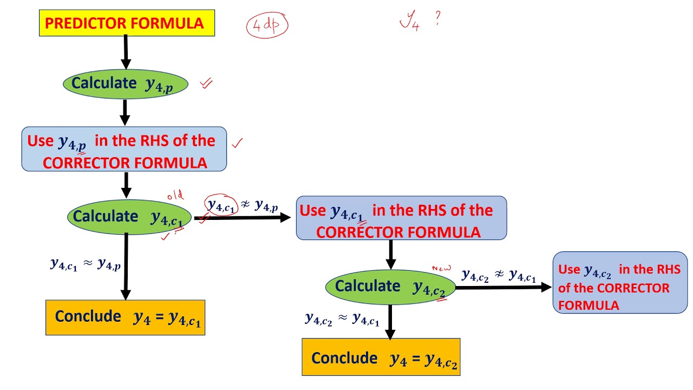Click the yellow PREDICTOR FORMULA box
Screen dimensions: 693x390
[127, 23]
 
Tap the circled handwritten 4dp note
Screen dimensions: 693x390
[267, 25]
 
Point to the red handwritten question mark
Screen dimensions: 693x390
[437, 18]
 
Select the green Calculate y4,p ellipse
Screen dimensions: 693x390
[126, 84]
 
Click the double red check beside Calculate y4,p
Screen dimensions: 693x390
[206, 83]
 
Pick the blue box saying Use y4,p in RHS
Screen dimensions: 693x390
[124, 149]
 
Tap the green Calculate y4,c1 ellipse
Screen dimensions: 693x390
[129, 217]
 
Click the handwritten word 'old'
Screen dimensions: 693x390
[175, 196]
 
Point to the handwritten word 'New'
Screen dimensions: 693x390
[441, 268]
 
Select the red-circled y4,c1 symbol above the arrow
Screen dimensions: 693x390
[221, 205]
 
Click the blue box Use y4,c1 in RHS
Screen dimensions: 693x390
[402, 218]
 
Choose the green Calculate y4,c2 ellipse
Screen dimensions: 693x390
[390, 287]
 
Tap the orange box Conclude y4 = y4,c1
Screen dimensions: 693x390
[125, 317]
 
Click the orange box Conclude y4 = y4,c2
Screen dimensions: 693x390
[381, 357]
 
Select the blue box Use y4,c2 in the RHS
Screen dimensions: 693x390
[620, 283]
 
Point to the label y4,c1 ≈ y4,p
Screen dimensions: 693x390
[86, 265]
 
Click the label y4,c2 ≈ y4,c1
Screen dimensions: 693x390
[342, 319]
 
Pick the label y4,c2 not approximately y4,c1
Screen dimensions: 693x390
[499, 275]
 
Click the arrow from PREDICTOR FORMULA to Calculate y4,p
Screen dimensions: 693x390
[126, 52]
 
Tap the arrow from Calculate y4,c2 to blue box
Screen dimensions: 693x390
[504, 287]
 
